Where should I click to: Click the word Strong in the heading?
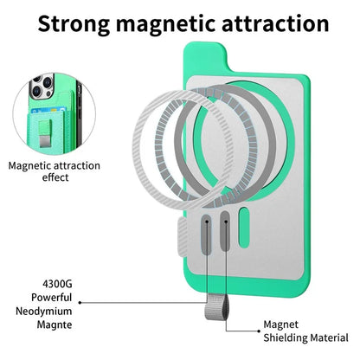point(74,23)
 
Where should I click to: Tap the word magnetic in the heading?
point(165,23)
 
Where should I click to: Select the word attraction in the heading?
point(275,23)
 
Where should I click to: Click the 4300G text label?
point(57,284)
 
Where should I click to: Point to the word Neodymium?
point(44,312)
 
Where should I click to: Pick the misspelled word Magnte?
point(55,325)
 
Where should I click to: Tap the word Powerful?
point(52,298)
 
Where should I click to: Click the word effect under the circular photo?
point(55,177)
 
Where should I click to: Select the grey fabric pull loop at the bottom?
point(214,306)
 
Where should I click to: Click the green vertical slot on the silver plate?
point(244,228)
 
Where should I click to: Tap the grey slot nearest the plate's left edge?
point(207,234)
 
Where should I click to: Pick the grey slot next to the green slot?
point(225,230)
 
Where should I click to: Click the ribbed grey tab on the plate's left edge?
point(183,237)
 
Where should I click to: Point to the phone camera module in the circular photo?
point(42,86)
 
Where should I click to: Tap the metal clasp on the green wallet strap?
point(45,141)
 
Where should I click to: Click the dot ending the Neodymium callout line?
point(80,303)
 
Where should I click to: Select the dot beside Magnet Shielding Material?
point(259,331)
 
